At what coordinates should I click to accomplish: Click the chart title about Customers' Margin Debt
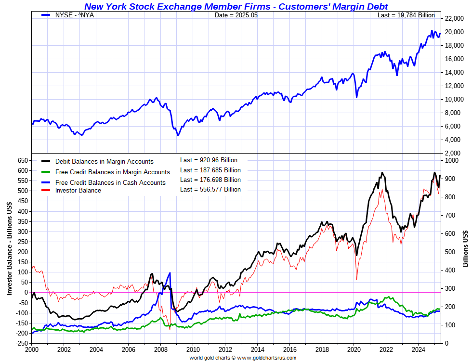[x=236, y=6]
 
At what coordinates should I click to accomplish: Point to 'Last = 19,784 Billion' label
[x=406, y=15]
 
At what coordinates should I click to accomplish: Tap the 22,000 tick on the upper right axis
[x=455, y=19]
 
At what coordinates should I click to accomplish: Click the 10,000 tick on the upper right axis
[x=455, y=100]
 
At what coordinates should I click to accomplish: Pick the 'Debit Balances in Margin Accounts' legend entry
[x=104, y=162]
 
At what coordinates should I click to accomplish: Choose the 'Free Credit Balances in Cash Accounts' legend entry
[x=110, y=183]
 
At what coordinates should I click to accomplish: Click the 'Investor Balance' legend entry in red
[x=78, y=191]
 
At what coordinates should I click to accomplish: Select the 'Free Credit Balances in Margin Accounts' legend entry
[x=112, y=172]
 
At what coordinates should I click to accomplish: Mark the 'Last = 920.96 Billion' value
[x=209, y=160]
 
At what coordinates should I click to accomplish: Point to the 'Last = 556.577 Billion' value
[x=210, y=190]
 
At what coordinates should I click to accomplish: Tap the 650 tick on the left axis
[x=22, y=160]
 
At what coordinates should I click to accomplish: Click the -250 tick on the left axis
[x=20, y=343]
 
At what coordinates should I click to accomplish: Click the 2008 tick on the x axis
[x=160, y=349]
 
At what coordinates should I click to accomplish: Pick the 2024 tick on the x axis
[x=418, y=349]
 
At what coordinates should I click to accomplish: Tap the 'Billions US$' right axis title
[x=465, y=248]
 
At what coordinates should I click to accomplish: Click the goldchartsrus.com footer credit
[x=242, y=358]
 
